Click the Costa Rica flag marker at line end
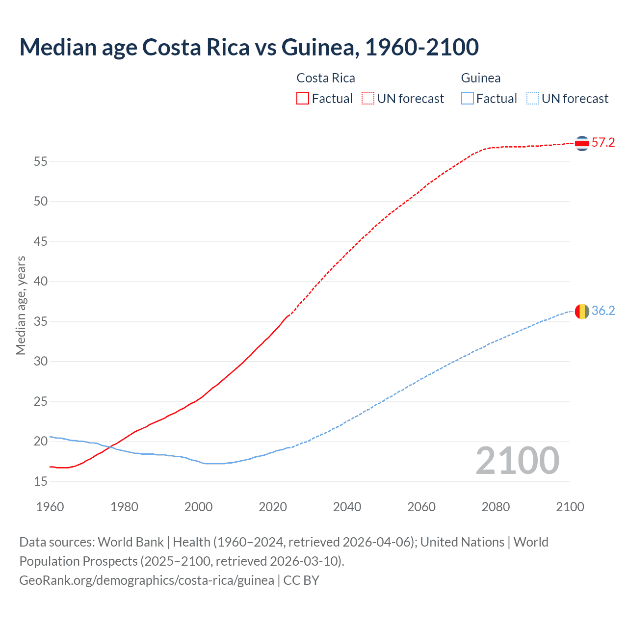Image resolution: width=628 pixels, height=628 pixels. coord(582,143)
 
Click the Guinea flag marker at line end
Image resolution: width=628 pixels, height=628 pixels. coord(582,311)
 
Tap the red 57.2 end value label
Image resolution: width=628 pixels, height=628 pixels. coord(603,143)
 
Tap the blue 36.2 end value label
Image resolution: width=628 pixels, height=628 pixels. coord(603,311)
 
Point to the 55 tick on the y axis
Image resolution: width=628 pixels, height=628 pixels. coord(41,161)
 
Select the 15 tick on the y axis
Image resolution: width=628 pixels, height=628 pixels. coord(41,481)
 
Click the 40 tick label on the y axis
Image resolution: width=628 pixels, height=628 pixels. coord(41,281)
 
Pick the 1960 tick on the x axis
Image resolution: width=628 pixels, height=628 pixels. coord(50,507)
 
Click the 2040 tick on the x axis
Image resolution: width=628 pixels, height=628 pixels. coord(347,507)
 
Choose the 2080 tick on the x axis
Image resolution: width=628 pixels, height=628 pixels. coord(496,507)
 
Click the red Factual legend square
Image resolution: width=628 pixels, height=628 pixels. coord(303,98)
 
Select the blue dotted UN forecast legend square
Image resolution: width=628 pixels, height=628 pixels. coord(533,98)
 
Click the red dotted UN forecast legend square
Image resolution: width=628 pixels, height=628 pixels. coord(368,98)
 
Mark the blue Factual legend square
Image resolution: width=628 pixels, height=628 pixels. coord(468,98)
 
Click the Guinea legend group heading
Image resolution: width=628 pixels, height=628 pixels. coord(481,78)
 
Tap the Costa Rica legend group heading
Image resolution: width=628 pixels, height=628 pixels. coord(326,78)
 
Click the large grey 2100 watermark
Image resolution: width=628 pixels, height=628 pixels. coord(518,461)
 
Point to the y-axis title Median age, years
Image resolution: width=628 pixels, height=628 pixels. coord(21,305)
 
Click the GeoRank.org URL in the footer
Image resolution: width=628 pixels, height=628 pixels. coord(147,580)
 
